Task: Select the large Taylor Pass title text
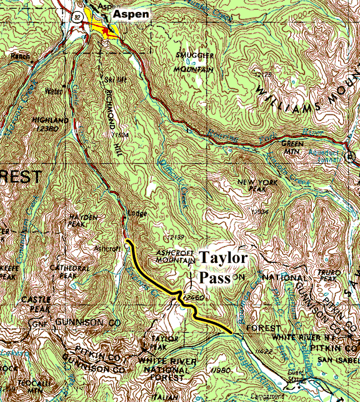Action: [x=222, y=267]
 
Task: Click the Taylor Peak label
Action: [x=166, y=341]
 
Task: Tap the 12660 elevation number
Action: [x=194, y=298]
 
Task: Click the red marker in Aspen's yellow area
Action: [x=107, y=30]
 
